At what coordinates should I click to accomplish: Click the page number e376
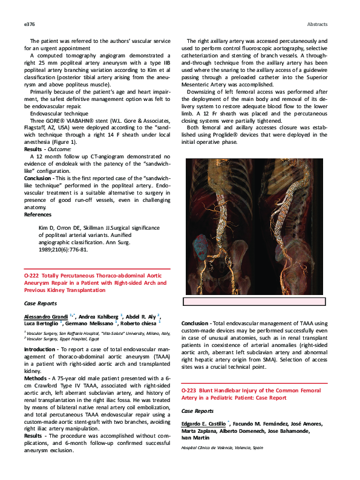point(30,24)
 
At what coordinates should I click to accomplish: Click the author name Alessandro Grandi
point(46,316)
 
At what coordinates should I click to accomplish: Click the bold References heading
point(38,215)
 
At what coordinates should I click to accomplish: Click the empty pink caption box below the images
point(254,302)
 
